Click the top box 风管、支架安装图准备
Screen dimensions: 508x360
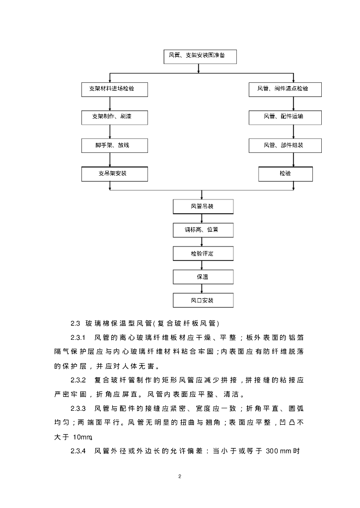[200, 56]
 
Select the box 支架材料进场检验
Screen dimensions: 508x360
[115, 89]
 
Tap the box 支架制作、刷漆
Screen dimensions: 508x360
[115, 117]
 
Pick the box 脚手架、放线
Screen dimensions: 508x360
[115, 145]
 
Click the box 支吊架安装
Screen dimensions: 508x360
[115, 174]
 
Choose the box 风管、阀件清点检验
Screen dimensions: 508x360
[286, 89]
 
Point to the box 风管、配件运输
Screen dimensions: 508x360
[286, 117]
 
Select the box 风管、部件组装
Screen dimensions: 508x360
[286, 145]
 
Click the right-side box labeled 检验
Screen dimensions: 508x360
[286, 174]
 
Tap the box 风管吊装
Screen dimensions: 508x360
[202, 206]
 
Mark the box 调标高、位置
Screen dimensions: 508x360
[202, 230]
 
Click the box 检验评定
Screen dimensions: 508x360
[202, 254]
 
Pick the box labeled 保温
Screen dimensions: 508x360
[202, 276]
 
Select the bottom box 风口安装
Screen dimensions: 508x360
[202, 300]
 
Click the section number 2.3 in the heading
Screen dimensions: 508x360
[75, 323]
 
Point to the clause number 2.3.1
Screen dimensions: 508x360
[79, 338]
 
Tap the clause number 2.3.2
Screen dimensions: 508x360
[79, 381]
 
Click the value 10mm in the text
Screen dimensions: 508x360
[82, 437]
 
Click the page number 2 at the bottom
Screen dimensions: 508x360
[180, 477]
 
